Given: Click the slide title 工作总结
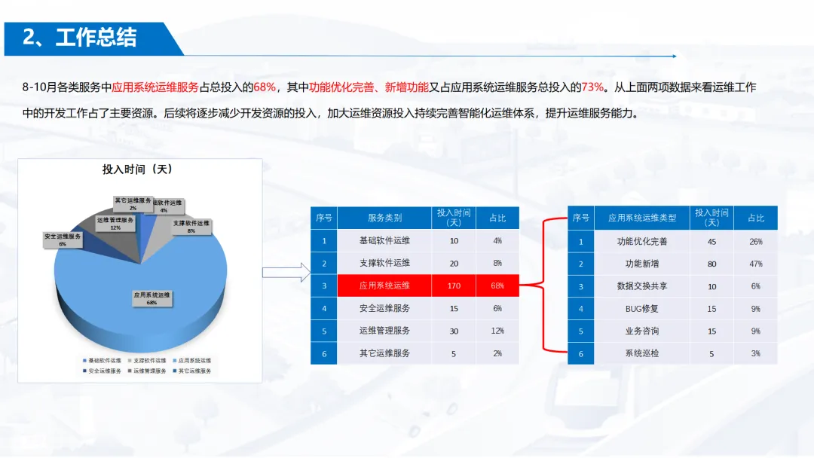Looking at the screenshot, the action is (x=96, y=38).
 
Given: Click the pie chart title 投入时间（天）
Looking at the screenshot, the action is (x=138, y=170).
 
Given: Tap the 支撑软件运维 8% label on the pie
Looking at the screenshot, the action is (x=191, y=227).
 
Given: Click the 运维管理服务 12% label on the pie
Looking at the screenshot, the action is (x=115, y=223).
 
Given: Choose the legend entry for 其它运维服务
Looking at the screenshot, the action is (x=194, y=371).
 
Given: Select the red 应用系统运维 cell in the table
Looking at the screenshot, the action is (x=384, y=285).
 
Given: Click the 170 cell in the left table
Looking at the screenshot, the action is (x=454, y=285).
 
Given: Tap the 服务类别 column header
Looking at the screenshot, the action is (x=384, y=218).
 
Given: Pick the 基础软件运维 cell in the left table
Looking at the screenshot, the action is (x=384, y=241).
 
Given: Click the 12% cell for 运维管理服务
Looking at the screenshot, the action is (x=497, y=331).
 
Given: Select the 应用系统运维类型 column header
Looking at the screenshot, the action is (x=642, y=218).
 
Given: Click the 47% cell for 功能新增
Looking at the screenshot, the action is (x=755, y=264).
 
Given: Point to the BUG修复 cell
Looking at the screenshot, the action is (x=642, y=309).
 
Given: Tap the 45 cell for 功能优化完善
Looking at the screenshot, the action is (x=711, y=242).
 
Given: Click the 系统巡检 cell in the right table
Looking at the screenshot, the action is (x=642, y=353).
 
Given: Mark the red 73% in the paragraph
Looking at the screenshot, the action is (x=593, y=87).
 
